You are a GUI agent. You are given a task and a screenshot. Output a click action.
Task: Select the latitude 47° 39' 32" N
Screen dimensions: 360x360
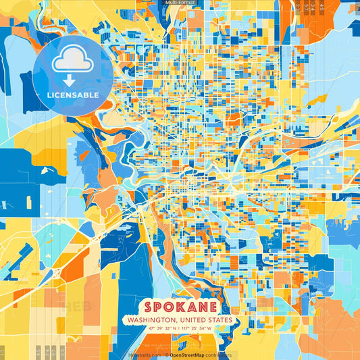[x=154, y=328]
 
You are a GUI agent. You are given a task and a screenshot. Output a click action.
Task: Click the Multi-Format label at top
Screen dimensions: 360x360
[x=180, y=3]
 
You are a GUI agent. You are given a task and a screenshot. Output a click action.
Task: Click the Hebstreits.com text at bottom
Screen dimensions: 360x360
[x=145, y=355]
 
